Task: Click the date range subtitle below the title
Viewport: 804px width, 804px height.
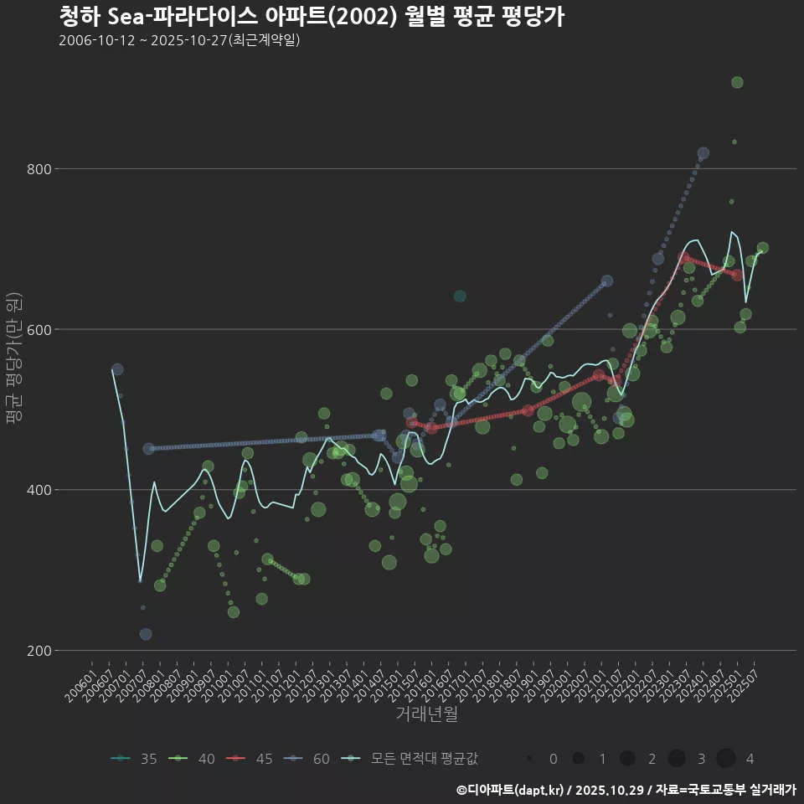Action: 179,40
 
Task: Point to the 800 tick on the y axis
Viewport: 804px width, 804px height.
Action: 41,169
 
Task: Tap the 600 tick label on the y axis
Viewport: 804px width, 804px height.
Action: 41,329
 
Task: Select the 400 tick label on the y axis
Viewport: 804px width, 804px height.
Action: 41,490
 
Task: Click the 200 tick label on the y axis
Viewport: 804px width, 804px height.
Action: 41,651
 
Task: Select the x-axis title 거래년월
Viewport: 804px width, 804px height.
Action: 426,714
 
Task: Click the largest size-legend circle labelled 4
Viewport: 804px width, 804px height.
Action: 725,759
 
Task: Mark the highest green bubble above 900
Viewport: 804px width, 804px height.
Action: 737,82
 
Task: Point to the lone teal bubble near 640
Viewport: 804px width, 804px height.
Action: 460,296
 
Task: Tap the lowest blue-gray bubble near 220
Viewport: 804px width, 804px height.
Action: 146,634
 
